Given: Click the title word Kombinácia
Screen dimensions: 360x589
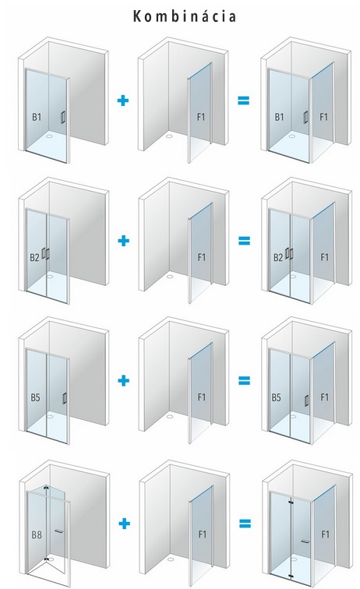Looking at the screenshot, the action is tap(185, 16).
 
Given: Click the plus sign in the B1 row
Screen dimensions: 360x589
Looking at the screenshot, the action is tap(123, 101).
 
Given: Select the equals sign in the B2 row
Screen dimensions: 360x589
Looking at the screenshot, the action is tap(244, 241).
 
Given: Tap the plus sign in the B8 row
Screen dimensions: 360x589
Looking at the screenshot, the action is tap(124, 524).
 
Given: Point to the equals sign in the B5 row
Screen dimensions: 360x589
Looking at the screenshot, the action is tap(244, 381).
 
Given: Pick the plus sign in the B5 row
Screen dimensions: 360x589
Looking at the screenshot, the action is tap(124, 380).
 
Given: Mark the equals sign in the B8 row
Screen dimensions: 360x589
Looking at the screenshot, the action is tap(245, 524).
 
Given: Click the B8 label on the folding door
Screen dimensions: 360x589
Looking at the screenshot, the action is tap(37, 534).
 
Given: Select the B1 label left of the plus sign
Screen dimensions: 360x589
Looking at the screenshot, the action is tap(37, 117).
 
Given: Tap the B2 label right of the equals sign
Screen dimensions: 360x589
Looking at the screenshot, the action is tap(278, 258).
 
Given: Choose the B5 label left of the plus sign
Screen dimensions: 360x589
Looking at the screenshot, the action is tap(35, 397).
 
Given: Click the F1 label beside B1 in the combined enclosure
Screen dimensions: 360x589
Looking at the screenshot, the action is tap(324, 117).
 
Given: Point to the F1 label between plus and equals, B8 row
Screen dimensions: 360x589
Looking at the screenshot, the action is tap(203, 534).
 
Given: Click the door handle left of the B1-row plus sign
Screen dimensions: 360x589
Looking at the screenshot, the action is tap(63, 117).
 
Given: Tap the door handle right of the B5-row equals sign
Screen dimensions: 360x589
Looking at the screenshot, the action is tap(307, 400).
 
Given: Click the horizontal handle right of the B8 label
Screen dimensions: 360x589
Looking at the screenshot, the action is tap(59, 531).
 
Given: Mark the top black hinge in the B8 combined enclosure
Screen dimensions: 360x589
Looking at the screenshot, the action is tap(291, 501).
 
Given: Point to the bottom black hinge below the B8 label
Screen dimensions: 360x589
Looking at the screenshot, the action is tap(46, 559).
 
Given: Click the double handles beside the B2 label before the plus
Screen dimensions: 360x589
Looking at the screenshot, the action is tap(46, 253).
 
